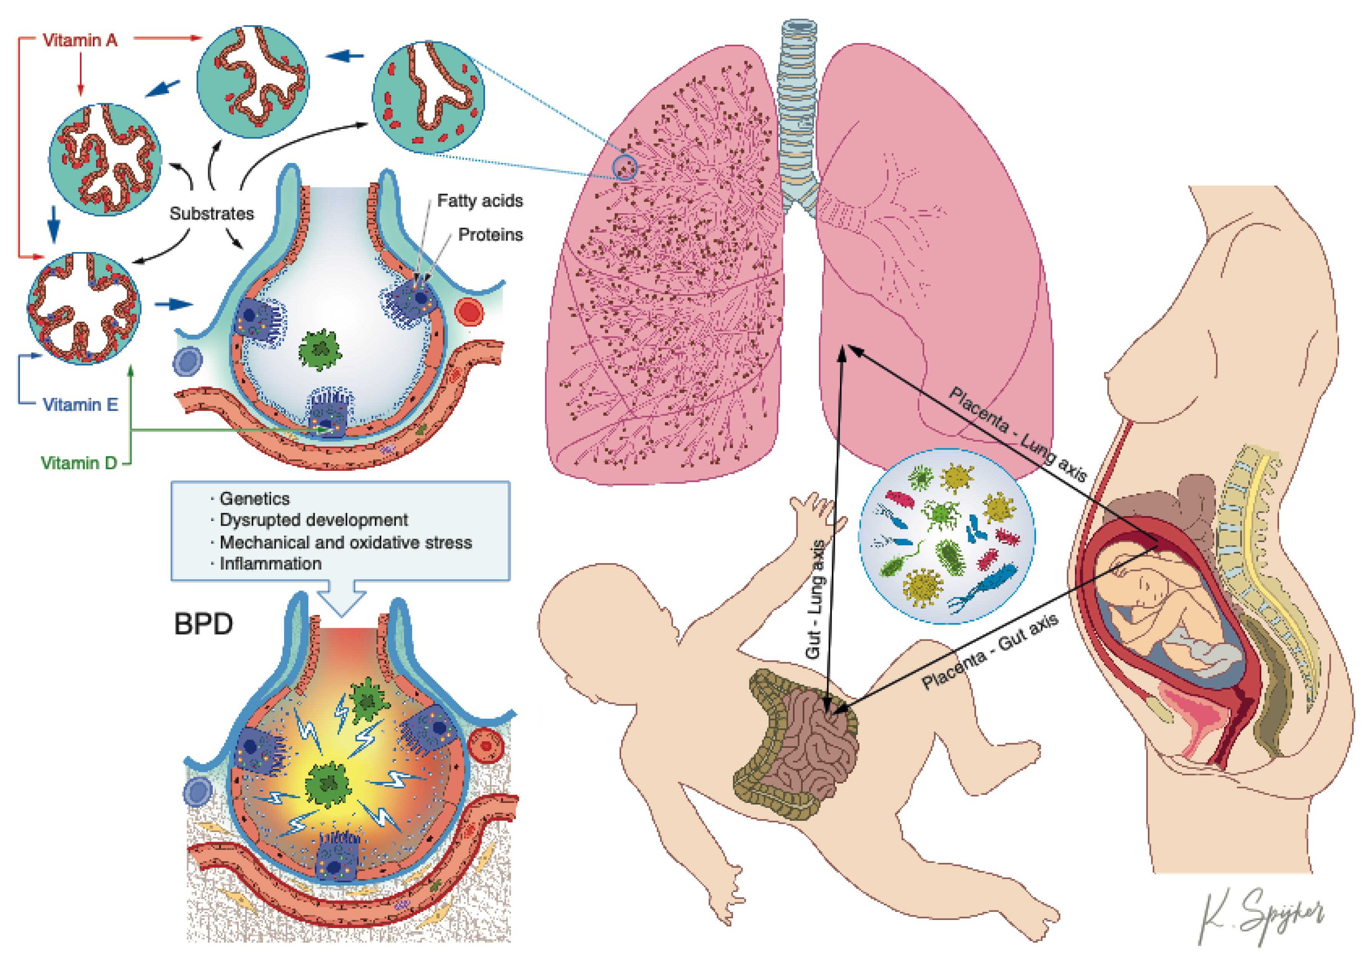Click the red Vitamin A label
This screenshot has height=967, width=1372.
click(80, 41)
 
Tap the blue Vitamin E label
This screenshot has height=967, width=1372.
click(80, 405)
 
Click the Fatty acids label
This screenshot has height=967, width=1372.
click(480, 201)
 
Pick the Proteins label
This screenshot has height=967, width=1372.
click(490, 235)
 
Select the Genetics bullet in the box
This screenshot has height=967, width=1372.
click(254, 498)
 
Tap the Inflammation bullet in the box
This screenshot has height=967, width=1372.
click(270, 563)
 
